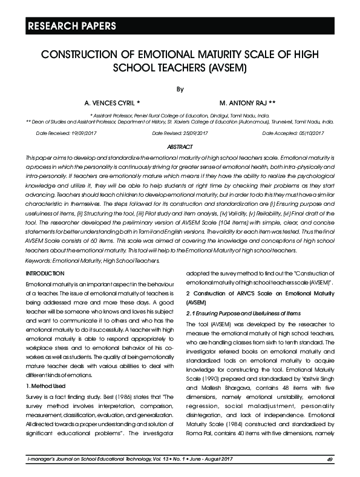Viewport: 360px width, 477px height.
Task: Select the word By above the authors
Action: click(179, 90)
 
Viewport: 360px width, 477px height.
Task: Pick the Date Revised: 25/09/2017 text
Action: click(180, 133)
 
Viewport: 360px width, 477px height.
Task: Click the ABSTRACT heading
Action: click(180, 147)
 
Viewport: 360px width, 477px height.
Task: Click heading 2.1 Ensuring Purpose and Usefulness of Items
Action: click(243, 313)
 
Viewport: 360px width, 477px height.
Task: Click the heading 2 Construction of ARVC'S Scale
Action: click(255, 293)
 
